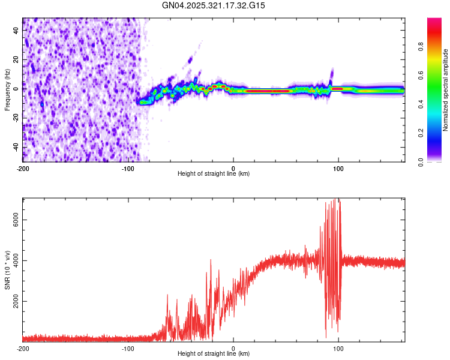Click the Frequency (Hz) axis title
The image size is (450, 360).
pos(7,89)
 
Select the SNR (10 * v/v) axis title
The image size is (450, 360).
pos(7,270)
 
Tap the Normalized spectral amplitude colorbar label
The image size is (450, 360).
pos(445,90)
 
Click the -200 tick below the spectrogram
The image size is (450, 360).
pos(23,167)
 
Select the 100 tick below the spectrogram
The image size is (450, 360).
pos(338,167)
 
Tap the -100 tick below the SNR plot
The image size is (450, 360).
pos(128,348)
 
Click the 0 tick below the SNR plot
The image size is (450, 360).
pos(233,348)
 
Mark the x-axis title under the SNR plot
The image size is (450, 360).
pos(214,354)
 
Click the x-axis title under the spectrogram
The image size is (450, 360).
pos(214,173)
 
